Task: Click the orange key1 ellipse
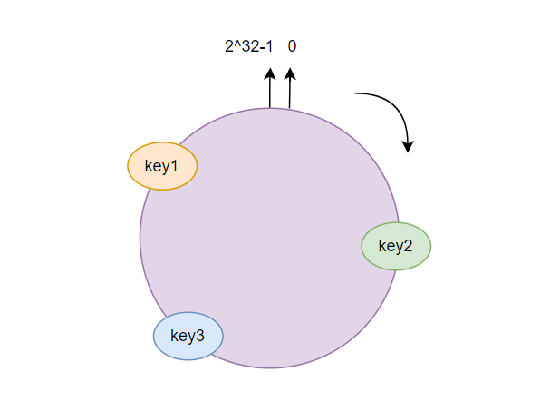(x=162, y=166)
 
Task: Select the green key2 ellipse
(x=396, y=246)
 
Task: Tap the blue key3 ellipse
(x=188, y=336)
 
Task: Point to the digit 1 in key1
(x=173, y=165)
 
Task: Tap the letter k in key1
(x=149, y=165)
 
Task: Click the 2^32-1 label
(x=248, y=46)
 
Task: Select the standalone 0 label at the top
(x=292, y=46)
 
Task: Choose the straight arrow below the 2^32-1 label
(x=270, y=88)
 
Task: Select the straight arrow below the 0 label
(x=290, y=88)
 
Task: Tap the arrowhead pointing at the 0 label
(x=290, y=73)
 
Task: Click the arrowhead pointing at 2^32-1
(x=270, y=73)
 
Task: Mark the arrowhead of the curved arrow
(x=408, y=146)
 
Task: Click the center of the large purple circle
(x=270, y=239)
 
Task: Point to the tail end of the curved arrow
(x=355, y=93)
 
